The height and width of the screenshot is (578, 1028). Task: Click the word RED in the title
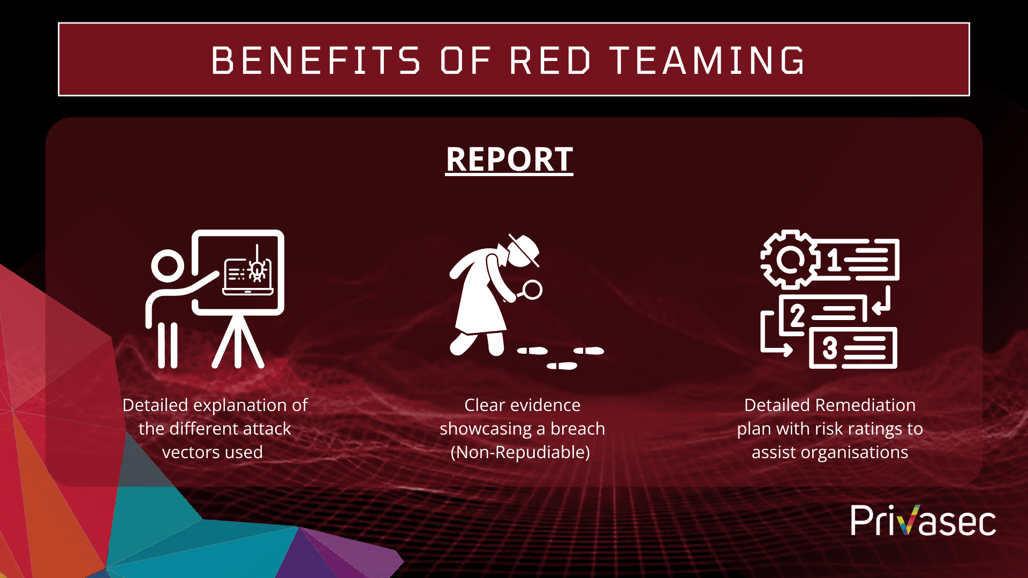(x=550, y=60)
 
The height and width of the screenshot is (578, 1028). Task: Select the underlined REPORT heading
(x=509, y=159)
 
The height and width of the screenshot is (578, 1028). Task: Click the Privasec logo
(x=923, y=521)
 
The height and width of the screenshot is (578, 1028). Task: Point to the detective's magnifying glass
(x=532, y=290)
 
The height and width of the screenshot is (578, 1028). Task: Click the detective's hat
(x=523, y=249)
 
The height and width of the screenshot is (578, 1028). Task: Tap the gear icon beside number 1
(x=789, y=260)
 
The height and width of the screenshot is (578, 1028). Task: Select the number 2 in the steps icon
(x=797, y=315)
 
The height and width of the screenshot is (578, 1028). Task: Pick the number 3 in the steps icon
(x=829, y=348)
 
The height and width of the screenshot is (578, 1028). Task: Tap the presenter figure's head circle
(x=168, y=265)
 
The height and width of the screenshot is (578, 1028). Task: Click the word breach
(x=578, y=429)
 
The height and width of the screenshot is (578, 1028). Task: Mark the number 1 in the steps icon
(x=833, y=261)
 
